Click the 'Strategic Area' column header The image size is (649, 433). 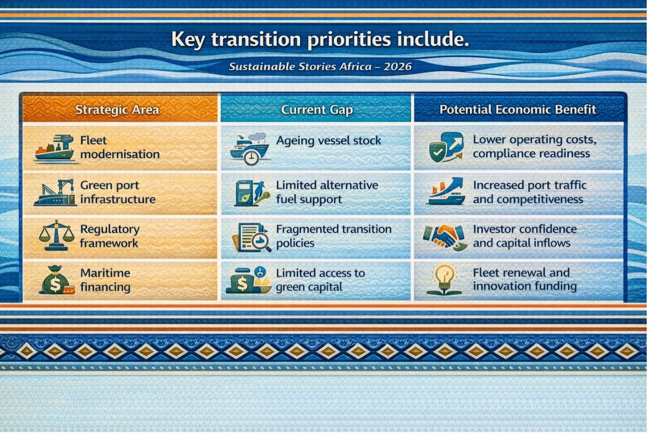pyautogui.click(x=117, y=110)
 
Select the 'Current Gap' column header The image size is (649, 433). pyautogui.click(x=317, y=110)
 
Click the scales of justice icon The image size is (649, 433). pyautogui.click(x=56, y=235)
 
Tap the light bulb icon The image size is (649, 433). pyautogui.click(x=444, y=279)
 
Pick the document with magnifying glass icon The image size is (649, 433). pyautogui.click(x=251, y=237)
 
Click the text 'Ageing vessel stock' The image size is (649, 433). pyautogui.click(x=328, y=140)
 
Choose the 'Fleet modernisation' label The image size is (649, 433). pyautogui.click(x=120, y=147)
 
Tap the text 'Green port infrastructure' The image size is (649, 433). pyautogui.click(x=118, y=192)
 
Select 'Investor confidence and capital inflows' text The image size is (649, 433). pyautogui.click(x=525, y=236)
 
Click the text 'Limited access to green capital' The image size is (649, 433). pyautogui.click(x=320, y=280)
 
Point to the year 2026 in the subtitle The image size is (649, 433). pyautogui.click(x=397, y=67)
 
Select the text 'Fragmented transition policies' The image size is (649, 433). pyautogui.click(x=333, y=236)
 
